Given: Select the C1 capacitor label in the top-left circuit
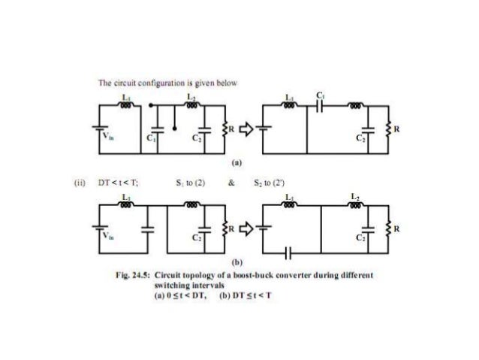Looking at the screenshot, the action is (149, 140).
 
